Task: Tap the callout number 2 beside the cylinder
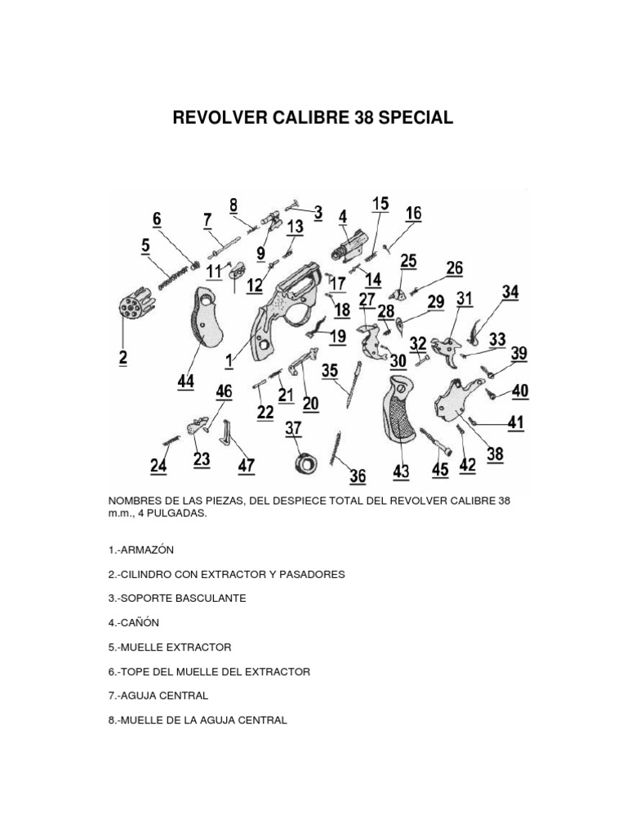click(x=123, y=356)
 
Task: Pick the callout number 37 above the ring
click(x=292, y=428)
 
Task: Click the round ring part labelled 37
click(x=307, y=463)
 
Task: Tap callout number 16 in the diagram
click(x=414, y=213)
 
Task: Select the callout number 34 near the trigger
click(x=510, y=291)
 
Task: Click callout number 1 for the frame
click(x=229, y=358)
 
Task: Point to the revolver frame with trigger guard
click(x=282, y=314)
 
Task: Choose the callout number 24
click(x=158, y=466)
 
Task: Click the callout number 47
click(x=246, y=466)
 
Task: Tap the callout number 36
click(x=358, y=475)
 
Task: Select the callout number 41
click(x=516, y=422)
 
